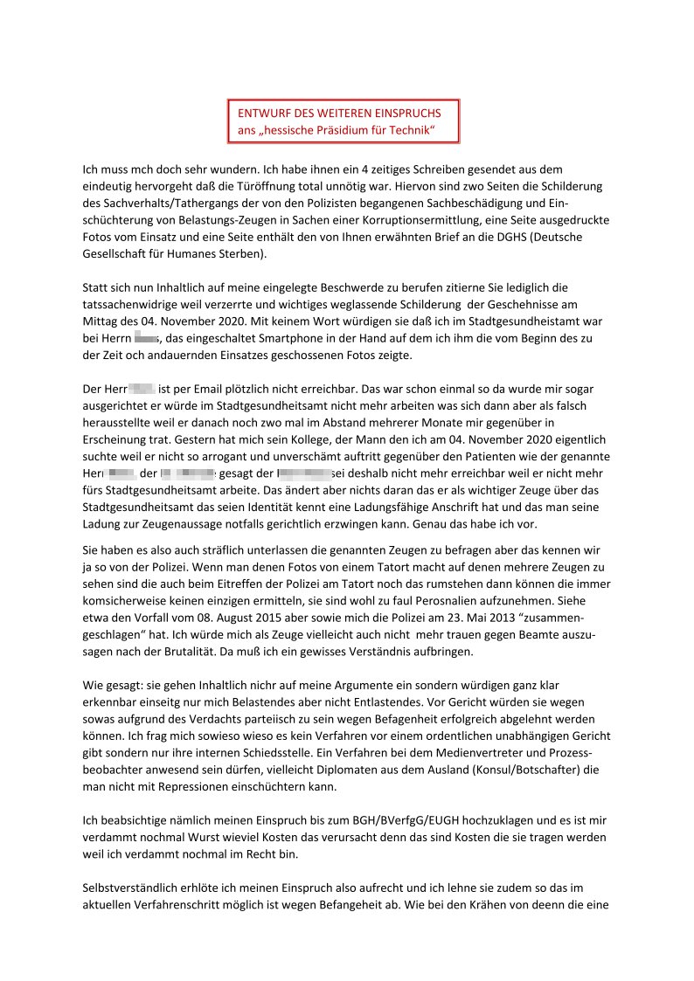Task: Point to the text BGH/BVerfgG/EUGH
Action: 379,820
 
